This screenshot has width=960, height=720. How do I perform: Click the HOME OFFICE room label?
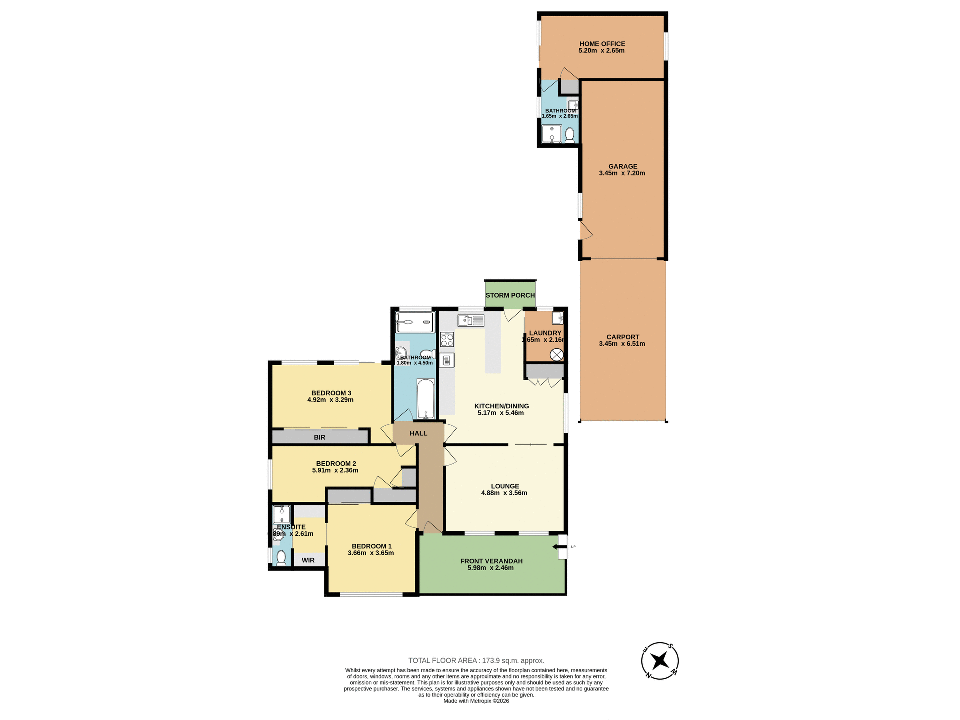point(602,44)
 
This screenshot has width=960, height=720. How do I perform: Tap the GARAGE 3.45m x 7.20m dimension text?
point(622,173)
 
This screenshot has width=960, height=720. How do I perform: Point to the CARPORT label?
point(622,337)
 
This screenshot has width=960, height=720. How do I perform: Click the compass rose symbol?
point(659,661)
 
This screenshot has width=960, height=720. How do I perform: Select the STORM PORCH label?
point(510,295)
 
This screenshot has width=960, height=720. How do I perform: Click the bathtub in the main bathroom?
point(426,398)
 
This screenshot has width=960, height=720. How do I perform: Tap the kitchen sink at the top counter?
point(470,320)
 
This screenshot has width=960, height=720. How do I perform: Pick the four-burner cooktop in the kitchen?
point(447,340)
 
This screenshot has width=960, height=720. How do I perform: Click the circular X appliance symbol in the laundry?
point(556,355)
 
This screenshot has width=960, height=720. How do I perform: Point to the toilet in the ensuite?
point(281,557)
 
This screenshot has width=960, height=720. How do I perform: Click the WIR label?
point(308,560)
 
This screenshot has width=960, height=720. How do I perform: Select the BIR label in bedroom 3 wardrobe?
point(319,437)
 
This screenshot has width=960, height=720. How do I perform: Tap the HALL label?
point(418,433)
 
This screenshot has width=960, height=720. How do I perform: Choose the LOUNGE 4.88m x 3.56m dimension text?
point(504,493)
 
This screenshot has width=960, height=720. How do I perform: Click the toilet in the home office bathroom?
point(569,135)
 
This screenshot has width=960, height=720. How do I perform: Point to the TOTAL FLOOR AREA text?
point(476,660)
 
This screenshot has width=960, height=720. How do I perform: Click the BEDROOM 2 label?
point(336,463)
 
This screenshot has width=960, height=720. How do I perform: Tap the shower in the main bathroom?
point(414,322)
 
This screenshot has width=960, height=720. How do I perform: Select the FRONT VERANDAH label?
point(491,561)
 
